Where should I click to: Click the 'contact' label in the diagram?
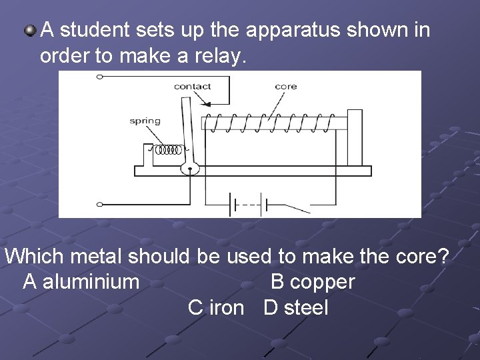pyautogui.click(x=192, y=86)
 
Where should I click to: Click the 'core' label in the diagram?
pyautogui.click(x=285, y=87)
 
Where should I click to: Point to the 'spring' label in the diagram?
pyautogui.click(x=145, y=121)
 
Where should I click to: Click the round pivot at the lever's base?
pyautogui.click(x=190, y=167)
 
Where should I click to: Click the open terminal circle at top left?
pyautogui.click(x=100, y=77)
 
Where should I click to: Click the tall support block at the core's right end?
pyautogui.click(x=355, y=139)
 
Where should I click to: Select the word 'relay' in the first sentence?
pyautogui.click(x=221, y=57)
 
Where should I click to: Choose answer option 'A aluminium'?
pyautogui.click(x=81, y=282)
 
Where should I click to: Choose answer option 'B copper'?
pyautogui.click(x=313, y=282)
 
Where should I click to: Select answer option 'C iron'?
pyautogui.click(x=216, y=307)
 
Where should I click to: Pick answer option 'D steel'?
pyautogui.click(x=296, y=307)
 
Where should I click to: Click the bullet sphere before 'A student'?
pyautogui.click(x=30, y=29)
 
